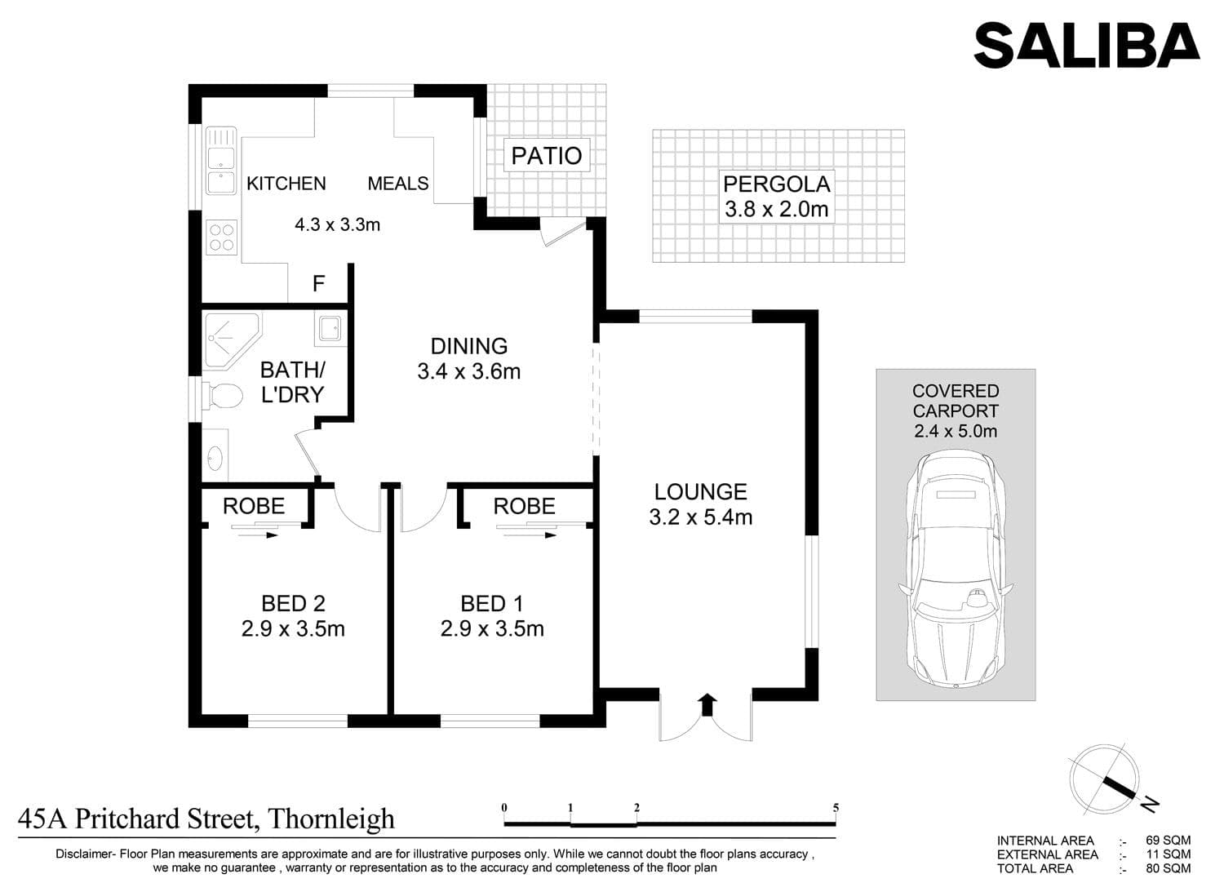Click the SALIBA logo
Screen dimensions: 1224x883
[x=1086, y=46]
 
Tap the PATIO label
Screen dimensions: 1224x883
[x=547, y=156]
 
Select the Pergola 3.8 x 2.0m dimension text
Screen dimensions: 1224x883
[x=777, y=209]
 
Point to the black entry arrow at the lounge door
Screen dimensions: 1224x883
[x=707, y=704]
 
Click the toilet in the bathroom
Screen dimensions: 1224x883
[x=223, y=395]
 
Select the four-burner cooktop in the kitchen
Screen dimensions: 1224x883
[x=221, y=237]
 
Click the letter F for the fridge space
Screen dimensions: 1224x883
[x=318, y=283]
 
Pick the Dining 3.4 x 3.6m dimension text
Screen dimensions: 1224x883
[x=469, y=371]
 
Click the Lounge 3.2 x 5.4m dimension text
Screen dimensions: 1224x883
[x=700, y=517]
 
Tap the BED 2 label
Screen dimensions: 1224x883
[x=293, y=604]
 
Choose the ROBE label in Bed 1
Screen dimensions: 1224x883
[x=524, y=507]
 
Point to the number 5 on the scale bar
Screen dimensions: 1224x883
[x=836, y=808]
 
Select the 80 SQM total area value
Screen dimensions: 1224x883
[x=1168, y=868]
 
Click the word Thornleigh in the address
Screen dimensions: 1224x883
[x=331, y=819]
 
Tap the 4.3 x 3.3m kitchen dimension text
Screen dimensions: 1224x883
[x=337, y=224]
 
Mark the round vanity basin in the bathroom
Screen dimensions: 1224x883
[x=215, y=457]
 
